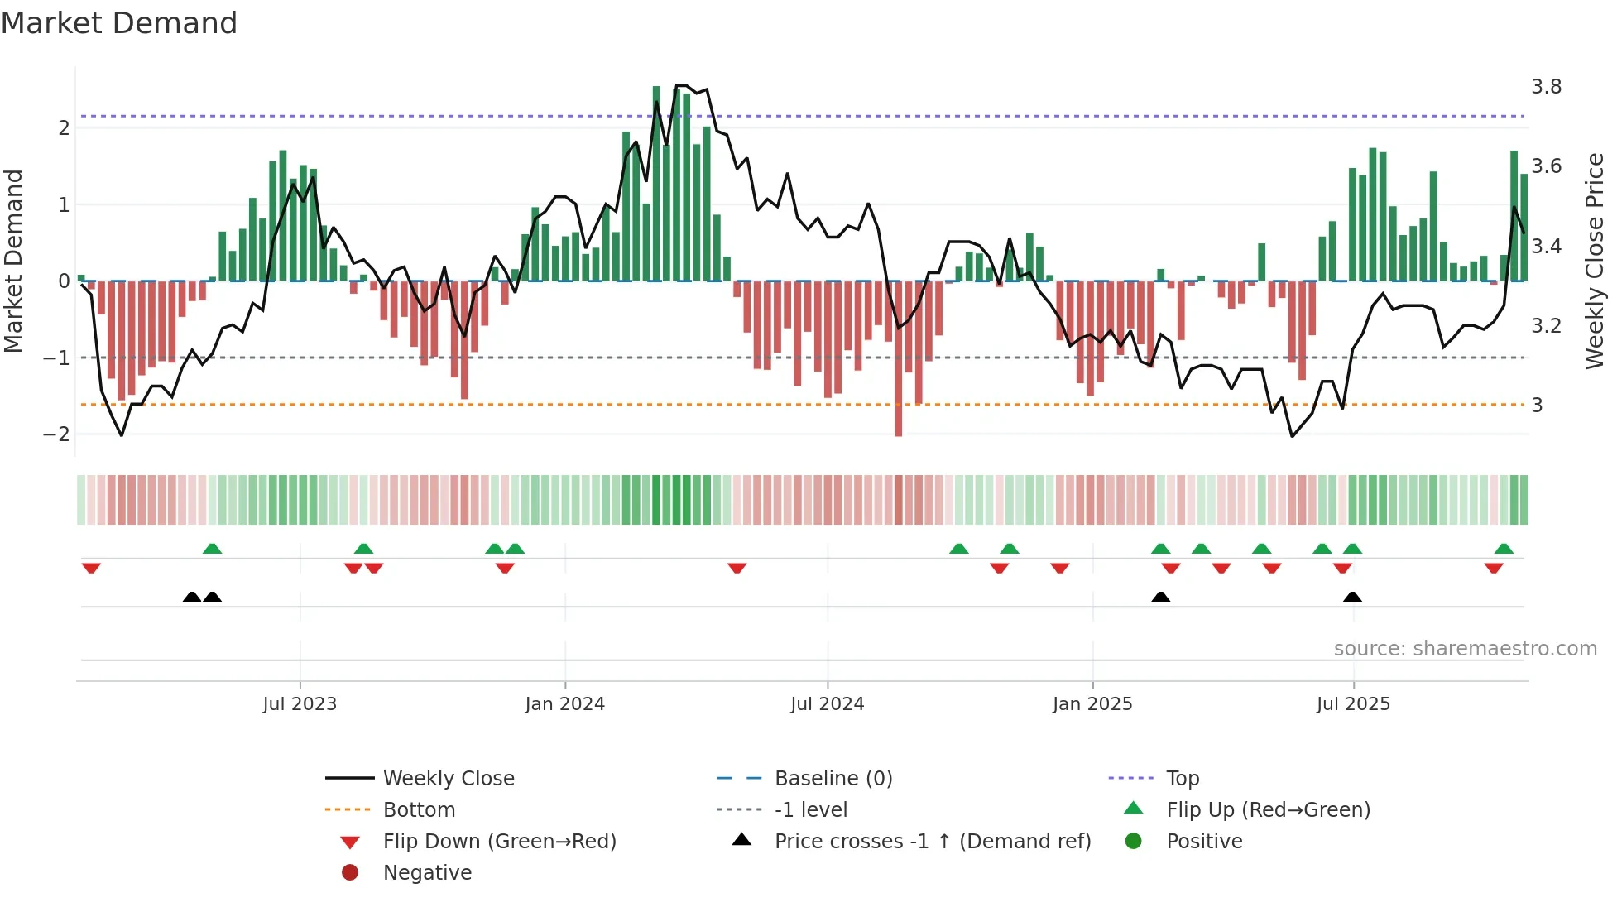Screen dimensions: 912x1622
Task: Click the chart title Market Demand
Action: (119, 23)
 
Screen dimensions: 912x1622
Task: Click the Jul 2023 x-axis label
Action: (300, 704)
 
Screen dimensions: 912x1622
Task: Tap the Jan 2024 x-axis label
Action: (564, 704)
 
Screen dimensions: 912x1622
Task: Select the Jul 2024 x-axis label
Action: (827, 704)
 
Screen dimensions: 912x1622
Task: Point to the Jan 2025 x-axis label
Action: (1092, 704)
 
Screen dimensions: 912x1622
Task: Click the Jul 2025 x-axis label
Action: (1353, 704)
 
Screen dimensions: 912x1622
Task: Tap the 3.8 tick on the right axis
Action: (1546, 87)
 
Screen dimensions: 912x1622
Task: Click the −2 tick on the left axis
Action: (56, 434)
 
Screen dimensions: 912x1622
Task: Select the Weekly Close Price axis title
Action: (1595, 261)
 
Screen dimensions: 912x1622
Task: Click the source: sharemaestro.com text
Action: (1465, 649)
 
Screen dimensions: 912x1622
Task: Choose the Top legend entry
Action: (1182, 779)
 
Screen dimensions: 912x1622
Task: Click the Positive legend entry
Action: (1203, 842)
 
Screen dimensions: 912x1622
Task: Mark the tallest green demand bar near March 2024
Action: (656, 182)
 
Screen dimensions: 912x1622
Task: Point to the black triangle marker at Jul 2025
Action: (1352, 597)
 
